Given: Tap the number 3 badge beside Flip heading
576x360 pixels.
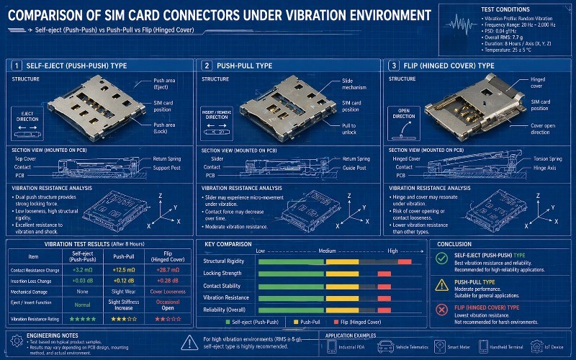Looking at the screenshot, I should [394, 66].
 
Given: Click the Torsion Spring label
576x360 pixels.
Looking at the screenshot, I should [546, 158].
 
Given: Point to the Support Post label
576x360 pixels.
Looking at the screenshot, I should [168, 167].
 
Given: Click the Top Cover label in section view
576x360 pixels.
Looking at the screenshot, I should [26, 158].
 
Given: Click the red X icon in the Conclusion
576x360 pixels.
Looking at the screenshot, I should [442, 310].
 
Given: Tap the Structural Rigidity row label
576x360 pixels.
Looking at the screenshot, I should [226, 261].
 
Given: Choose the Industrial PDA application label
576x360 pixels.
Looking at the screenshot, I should [352, 347].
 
